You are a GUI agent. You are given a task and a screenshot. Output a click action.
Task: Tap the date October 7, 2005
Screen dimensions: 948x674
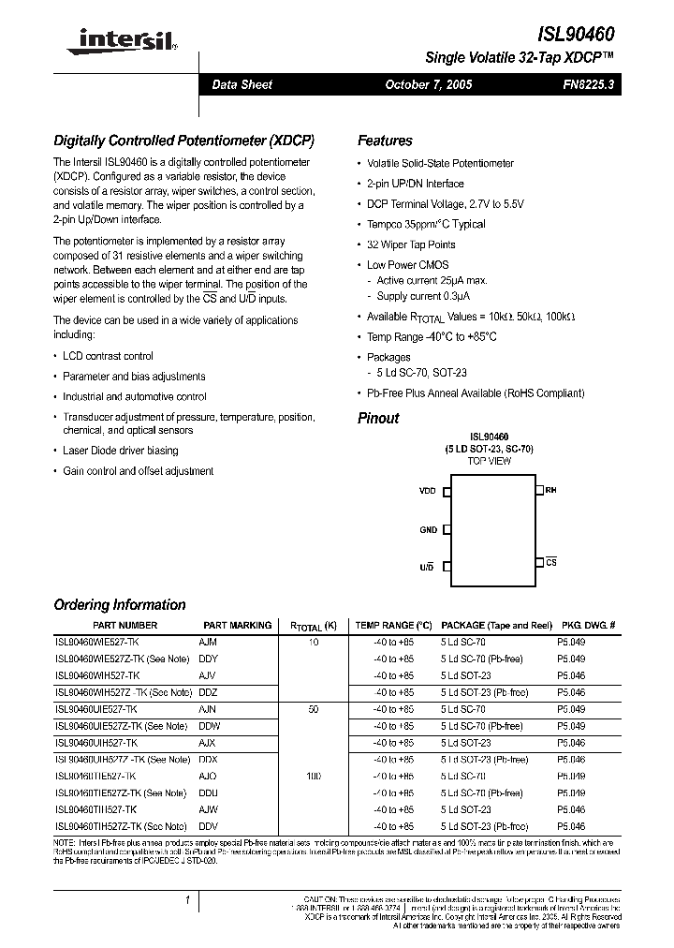tap(429, 84)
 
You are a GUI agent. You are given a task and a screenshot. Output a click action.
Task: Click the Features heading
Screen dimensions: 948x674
tap(385, 141)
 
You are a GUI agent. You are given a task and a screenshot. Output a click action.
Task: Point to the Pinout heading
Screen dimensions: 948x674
tap(378, 418)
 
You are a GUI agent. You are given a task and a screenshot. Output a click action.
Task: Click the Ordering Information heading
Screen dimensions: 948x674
tap(120, 605)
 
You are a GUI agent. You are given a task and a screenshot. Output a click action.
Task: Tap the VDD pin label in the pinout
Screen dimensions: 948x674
tap(428, 491)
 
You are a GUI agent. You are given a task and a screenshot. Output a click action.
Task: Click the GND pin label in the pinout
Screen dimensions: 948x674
tap(428, 530)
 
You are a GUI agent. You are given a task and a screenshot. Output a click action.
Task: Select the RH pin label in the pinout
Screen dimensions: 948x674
tap(551, 490)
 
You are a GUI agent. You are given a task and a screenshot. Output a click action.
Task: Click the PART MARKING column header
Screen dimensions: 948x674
tap(238, 625)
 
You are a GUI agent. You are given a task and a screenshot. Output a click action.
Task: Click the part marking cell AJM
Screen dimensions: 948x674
tap(208, 642)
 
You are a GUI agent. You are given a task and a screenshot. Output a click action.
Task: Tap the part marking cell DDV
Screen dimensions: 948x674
tap(209, 827)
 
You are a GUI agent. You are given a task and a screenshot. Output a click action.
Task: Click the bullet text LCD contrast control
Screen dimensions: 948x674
tap(108, 356)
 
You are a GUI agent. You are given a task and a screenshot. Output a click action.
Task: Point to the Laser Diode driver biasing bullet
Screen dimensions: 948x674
tap(119, 451)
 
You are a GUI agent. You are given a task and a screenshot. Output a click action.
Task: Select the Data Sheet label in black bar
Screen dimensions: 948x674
tap(242, 84)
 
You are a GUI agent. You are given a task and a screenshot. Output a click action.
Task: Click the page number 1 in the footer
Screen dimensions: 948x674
tap(188, 900)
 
